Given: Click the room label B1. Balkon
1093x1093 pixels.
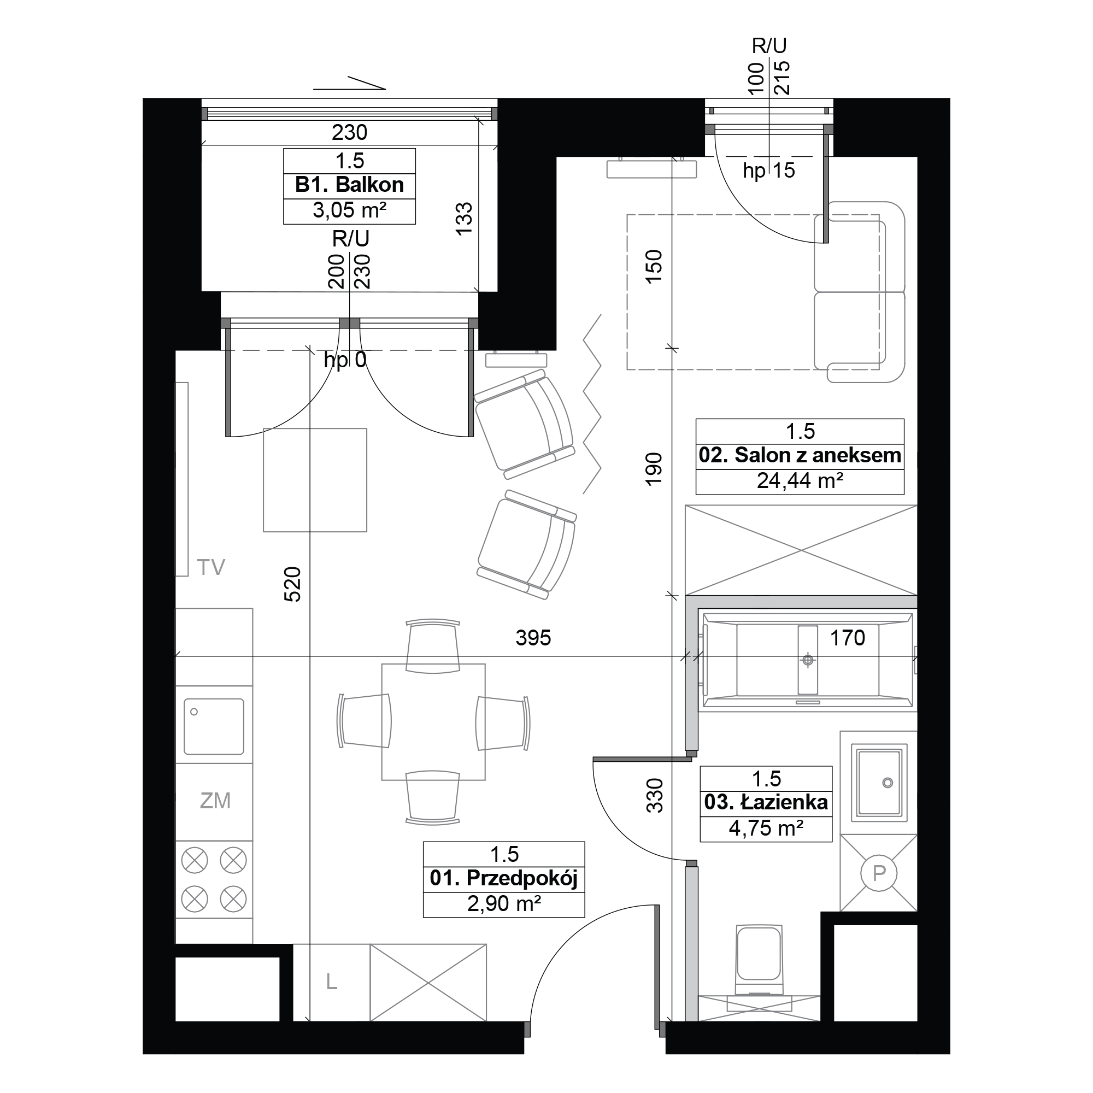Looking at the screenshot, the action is [349, 185].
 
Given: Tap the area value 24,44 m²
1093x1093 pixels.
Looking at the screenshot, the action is [800, 481].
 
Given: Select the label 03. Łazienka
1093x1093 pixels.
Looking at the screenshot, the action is [766, 802].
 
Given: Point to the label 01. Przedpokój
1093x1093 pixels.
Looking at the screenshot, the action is [503, 878].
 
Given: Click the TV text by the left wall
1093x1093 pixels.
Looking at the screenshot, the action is [211, 567].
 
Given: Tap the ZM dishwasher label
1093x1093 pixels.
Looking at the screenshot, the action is [215, 801].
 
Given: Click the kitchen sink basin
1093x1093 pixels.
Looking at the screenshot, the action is [214, 726].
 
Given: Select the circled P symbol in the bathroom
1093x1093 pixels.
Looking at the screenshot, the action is [879, 873].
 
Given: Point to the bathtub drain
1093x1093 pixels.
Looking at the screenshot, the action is [808, 660].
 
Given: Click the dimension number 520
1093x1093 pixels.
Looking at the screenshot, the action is [292, 584].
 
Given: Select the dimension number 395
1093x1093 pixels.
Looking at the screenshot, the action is [533, 638].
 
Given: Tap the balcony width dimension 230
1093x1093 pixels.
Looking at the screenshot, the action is [350, 132].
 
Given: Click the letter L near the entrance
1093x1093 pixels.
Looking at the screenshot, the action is [332, 982].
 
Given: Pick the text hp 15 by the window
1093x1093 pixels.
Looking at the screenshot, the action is [769, 171].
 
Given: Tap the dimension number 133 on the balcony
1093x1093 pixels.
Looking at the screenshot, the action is [464, 219].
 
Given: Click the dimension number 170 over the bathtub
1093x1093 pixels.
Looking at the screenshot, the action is [847, 638].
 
